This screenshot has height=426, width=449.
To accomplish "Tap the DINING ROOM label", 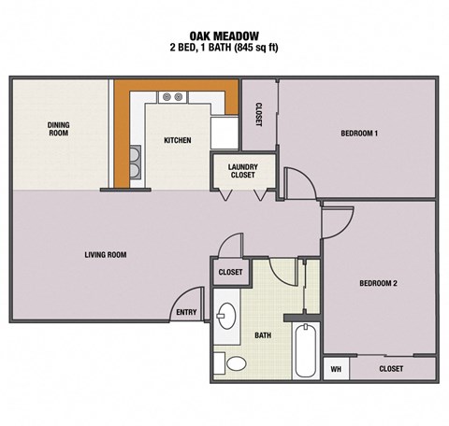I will point(58,129).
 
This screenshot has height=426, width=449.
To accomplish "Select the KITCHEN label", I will point(178,140).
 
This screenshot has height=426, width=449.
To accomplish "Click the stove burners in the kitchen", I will point(171,96).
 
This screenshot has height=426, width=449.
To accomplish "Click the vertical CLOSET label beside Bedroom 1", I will point(257,114).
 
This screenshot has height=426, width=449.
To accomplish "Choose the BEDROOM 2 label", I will point(379,283).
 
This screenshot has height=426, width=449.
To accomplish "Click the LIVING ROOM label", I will point(106,254).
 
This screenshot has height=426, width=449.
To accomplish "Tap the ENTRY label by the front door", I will point(185,313).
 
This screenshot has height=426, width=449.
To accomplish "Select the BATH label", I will point(263,334).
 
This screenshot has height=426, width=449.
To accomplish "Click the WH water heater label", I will point(335,369).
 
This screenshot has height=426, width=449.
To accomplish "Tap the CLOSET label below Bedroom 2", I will point(391,369).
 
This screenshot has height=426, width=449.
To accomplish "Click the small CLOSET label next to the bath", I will point(231,272).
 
